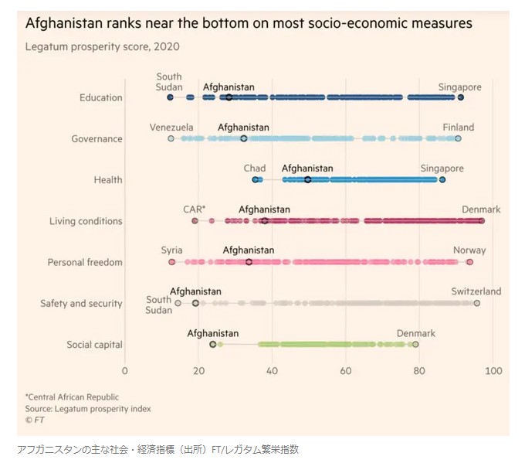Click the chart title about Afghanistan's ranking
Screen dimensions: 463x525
coord(249,23)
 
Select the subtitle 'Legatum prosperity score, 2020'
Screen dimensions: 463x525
coord(103,46)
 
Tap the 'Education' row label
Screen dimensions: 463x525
coord(100,97)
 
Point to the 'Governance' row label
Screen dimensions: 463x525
coord(97,139)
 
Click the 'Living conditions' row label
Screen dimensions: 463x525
coord(86,221)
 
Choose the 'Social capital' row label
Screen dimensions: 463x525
coord(95,345)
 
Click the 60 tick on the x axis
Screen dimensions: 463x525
coord(346,369)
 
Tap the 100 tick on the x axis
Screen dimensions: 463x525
coord(493,369)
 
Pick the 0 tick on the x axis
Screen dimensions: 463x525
coord(125,369)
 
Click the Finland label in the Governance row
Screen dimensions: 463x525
coord(458,128)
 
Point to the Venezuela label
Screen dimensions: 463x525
coord(171,128)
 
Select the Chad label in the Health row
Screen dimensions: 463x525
coord(255,169)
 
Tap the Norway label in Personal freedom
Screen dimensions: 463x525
coord(469,250)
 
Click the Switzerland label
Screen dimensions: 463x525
coord(476,291)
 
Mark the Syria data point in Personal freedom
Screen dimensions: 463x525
coord(171,262)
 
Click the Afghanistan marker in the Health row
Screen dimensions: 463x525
coord(307,179)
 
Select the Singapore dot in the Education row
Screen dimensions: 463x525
coord(461,97)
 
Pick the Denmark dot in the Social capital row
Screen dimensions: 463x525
coord(415,345)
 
